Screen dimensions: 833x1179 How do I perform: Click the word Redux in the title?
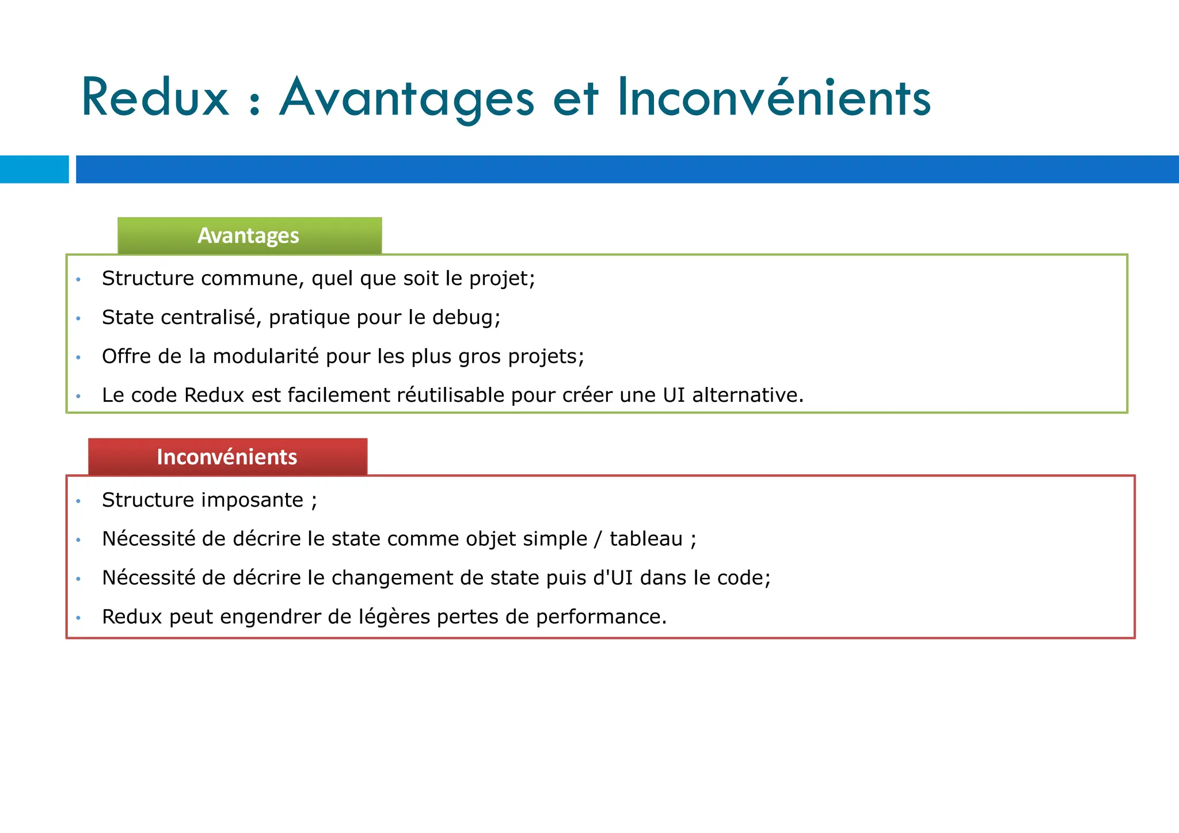[155, 98]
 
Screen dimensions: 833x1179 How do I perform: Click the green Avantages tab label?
[249, 235]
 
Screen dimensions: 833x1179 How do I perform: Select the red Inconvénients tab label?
[227, 457]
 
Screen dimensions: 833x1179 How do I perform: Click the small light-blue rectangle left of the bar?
[34, 169]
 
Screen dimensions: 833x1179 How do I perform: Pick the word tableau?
[646, 539]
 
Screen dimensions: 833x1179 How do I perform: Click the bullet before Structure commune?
[78, 280]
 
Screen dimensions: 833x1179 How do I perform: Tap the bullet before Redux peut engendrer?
[78, 618]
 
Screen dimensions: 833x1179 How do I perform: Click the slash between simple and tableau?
[598, 539]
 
